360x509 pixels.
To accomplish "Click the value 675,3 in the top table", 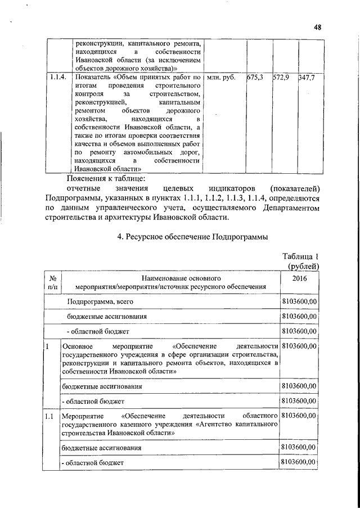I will pyautogui.click(x=255, y=77).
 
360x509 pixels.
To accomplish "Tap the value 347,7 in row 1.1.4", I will pyautogui.click(x=307, y=77).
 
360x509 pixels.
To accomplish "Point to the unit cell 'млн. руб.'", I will pyautogui.click(x=221, y=77).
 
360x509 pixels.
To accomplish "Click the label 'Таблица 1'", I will pyautogui.click(x=301, y=256).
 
